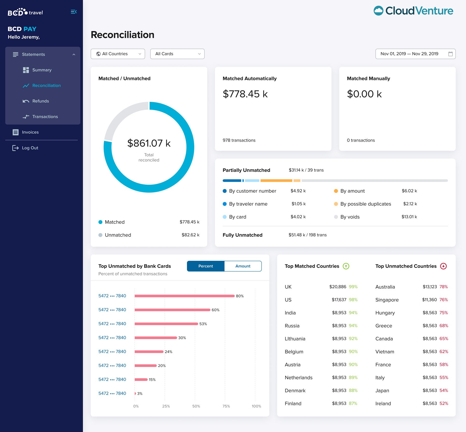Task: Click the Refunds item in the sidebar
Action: click(40, 101)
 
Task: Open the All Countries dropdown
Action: click(118, 54)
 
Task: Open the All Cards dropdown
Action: click(177, 54)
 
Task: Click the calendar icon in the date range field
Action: click(450, 54)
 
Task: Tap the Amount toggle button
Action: click(243, 266)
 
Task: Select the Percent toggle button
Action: click(206, 266)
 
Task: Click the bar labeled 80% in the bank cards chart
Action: click(184, 296)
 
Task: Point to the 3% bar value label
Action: click(140, 394)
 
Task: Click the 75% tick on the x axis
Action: click(226, 406)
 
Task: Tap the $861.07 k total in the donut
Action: click(149, 143)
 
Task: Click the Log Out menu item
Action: click(30, 148)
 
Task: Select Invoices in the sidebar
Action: click(30, 132)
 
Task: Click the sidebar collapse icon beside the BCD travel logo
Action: click(74, 12)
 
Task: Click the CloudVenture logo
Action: click(413, 11)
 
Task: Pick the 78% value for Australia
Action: click(443, 287)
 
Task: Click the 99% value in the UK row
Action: click(353, 287)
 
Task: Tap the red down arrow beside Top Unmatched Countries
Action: click(443, 266)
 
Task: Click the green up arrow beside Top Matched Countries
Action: click(346, 266)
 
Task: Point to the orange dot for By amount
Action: click(336, 191)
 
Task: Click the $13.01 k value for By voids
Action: click(409, 217)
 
